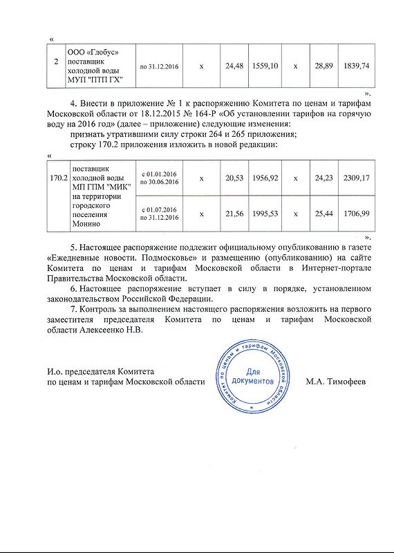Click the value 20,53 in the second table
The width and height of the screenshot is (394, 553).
pyautogui.click(x=236, y=178)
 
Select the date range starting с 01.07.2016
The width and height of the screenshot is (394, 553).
pyautogui.click(x=160, y=214)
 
